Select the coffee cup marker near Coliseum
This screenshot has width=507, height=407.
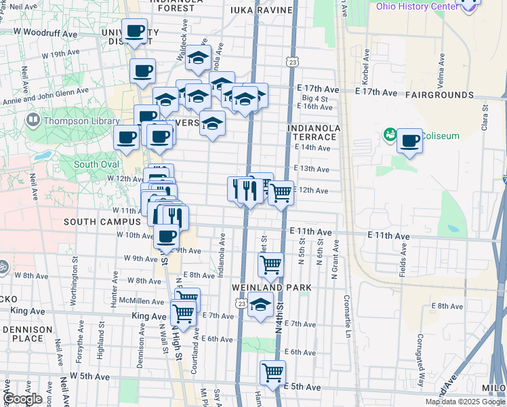pyautogui.click(x=409, y=141)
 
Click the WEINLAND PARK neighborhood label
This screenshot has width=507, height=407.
pyautogui.click(x=271, y=288)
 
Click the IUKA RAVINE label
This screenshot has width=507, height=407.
pyautogui.click(x=261, y=10)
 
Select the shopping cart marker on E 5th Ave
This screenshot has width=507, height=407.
pyautogui.click(x=272, y=372)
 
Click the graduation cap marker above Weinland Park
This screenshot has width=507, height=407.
pyautogui.click(x=260, y=305)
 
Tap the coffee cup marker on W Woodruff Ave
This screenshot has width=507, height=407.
pyautogui.click(x=134, y=31)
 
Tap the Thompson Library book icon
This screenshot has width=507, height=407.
pyautogui.click(x=33, y=121)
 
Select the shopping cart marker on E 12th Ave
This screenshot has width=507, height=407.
pyautogui.click(x=280, y=193)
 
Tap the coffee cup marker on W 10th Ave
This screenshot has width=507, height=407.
pyautogui.click(x=166, y=237)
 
